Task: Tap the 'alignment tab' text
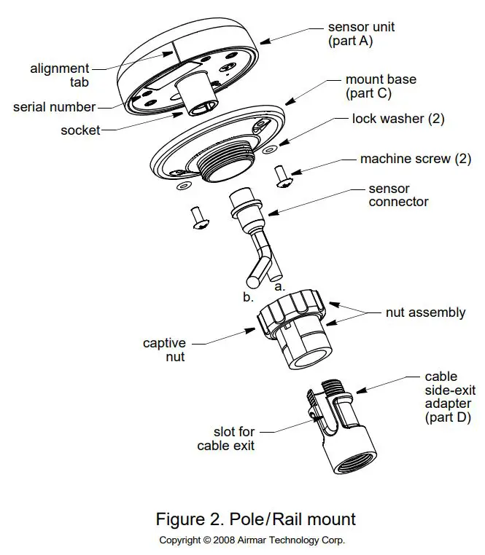click(60, 76)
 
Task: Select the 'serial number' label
click(54, 107)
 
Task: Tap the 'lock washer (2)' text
click(397, 118)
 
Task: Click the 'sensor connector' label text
click(398, 195)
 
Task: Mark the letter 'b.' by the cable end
click(248, 297)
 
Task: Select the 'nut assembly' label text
click(425, 312)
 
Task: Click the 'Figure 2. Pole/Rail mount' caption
click(256, 519)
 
